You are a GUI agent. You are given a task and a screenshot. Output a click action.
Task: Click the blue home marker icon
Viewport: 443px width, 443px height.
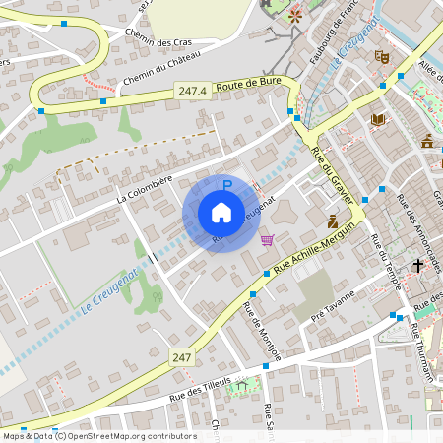(x=221, y=213)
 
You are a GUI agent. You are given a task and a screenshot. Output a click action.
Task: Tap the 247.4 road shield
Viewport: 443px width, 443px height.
(x=193, y=91)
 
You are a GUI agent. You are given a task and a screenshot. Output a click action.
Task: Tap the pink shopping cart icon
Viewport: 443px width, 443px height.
(x=267, y=239)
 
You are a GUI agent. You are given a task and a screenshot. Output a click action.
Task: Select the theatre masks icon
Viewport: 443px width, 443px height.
(x=383, y=57)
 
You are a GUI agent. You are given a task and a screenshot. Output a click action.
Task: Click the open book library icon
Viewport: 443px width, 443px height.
(x=378, y=120)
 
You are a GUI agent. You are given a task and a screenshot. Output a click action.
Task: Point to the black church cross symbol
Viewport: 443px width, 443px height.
(x=417, y=265)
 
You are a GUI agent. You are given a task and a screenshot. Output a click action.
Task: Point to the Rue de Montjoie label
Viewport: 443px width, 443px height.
(x=262, y=332)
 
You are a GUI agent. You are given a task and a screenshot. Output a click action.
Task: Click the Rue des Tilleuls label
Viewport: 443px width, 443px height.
(x=200, y=381)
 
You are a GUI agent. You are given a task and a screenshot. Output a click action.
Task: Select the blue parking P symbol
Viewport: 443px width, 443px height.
(x=227, y=184)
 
